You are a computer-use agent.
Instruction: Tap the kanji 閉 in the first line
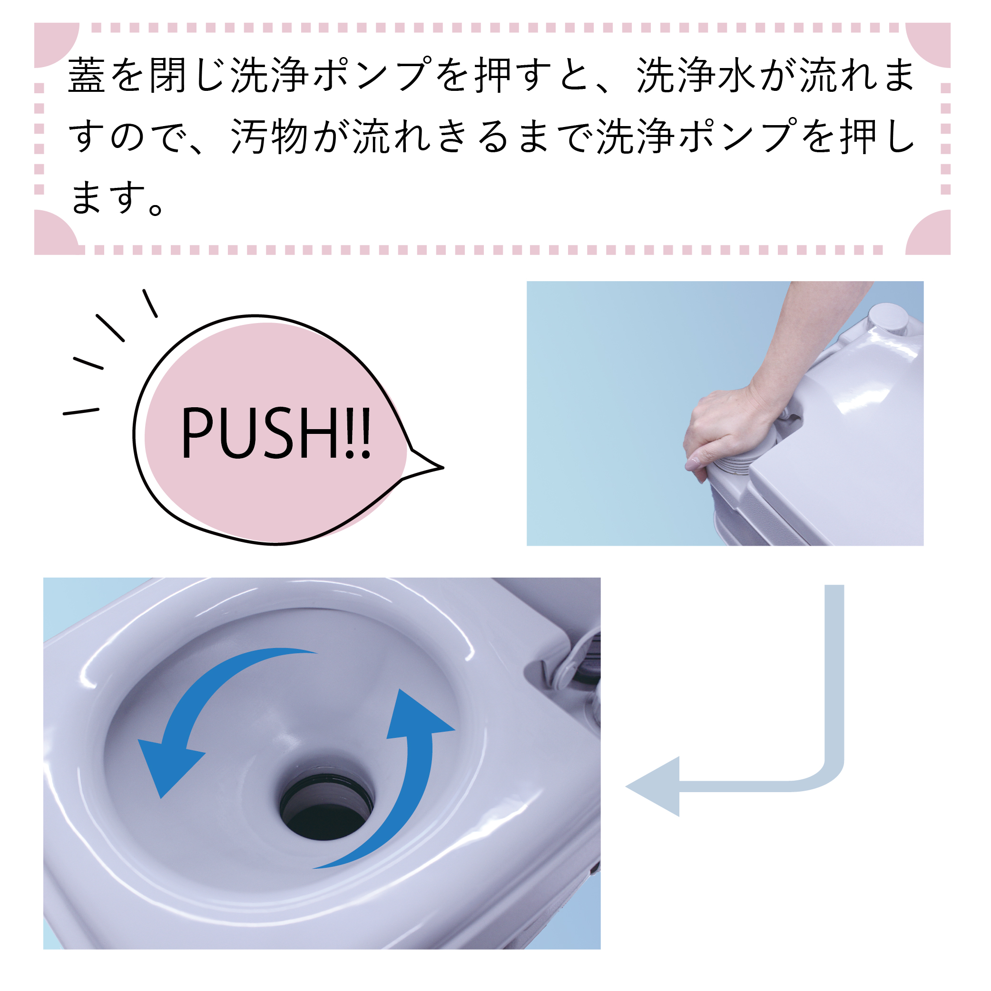tap(168, 75)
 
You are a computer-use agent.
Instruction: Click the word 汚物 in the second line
tap(269, 137)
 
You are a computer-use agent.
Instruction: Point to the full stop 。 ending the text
tap(156, 209)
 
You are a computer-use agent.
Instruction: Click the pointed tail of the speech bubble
tap(442, 467)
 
